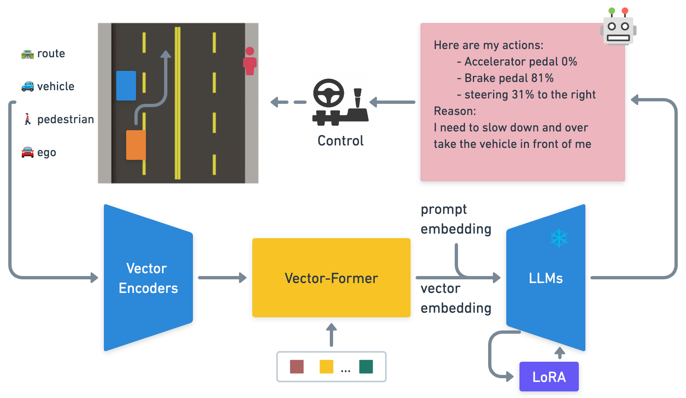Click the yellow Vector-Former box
click(x=331, y=278)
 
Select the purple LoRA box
click(x=549, y=377)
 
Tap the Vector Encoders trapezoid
click(x=148, y=278)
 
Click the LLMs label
click(x=545, y=279)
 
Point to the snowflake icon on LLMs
click(x=559, y=238)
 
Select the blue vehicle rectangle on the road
click(x=126, y=86)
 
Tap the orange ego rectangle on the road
click(x=136, y=145)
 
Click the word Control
click(x=341, y=141)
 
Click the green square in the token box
click(x=366, y=367)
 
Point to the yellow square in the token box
click(x=326, y=367)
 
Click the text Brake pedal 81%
click(x=509, y=78)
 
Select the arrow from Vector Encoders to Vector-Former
click(x=222, y=278)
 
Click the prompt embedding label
click(x=456, y=219)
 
